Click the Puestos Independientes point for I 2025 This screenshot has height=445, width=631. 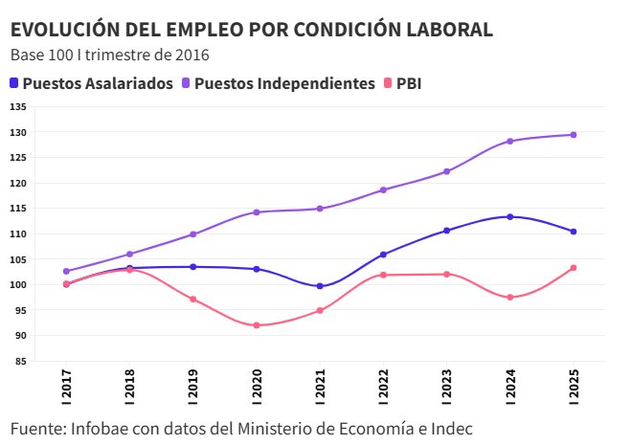click(x=574, y=135)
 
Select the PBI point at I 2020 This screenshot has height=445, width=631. click(x=257, y=325)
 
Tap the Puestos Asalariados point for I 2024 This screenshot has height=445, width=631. click(x=510, y=217)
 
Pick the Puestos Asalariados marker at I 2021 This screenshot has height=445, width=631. click(x=320, y=286)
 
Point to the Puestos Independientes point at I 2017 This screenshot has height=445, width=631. click(x=66, y=272)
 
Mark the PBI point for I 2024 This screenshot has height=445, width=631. click(x=510, y=298)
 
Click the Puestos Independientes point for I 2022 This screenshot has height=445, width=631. click(x=383, y=189)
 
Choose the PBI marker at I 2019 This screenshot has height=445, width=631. click(x=192, y=300)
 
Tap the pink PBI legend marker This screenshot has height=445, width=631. click(x=388, y=83)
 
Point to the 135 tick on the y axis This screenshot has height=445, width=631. click(x=18, y=107)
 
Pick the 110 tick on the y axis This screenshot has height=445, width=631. click(x=18, y=234)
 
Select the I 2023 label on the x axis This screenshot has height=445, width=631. click(x=447, y=390)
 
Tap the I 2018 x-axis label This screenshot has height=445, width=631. click(x=129, y=390)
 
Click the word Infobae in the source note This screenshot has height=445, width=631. click(x=111, y=428)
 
